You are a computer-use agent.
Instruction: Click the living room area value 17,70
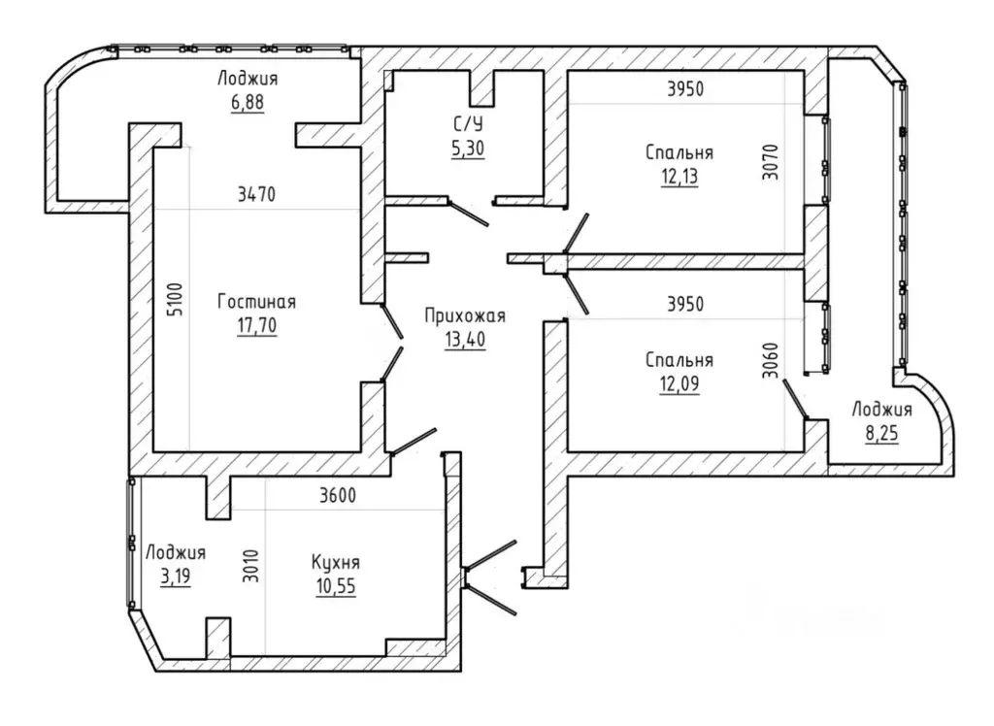[x=256, y=325]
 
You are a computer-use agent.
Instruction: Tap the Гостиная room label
[x=256, y=301]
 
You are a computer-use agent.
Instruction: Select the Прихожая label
[x=465, y=315]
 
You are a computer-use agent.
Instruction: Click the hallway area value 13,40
[x=465, y=340]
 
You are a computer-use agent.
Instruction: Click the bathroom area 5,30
[x=467, y=148]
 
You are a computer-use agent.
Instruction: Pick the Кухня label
[x=335, y=562]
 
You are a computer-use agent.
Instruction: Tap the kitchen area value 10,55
[x=336, y=586]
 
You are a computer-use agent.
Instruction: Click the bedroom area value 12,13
[x=679, y=177]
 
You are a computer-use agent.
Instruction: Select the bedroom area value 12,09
[x=679, y=383]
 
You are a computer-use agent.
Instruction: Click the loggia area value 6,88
[x=248, y=102]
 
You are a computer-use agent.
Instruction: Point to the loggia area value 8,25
[x=881, y=434]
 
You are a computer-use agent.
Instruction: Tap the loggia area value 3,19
[x=176, y=577]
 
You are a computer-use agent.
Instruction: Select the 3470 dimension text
[x=256, y=194]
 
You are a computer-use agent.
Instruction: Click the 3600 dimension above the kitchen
[x=337, y=495]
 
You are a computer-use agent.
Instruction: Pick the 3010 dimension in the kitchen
[x=251, y=566]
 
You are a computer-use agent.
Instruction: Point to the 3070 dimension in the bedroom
[x=770, y=163]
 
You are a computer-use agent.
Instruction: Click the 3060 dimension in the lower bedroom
[x=770, y=361]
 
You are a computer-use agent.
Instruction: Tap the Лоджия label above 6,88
[x=248, y=79]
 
